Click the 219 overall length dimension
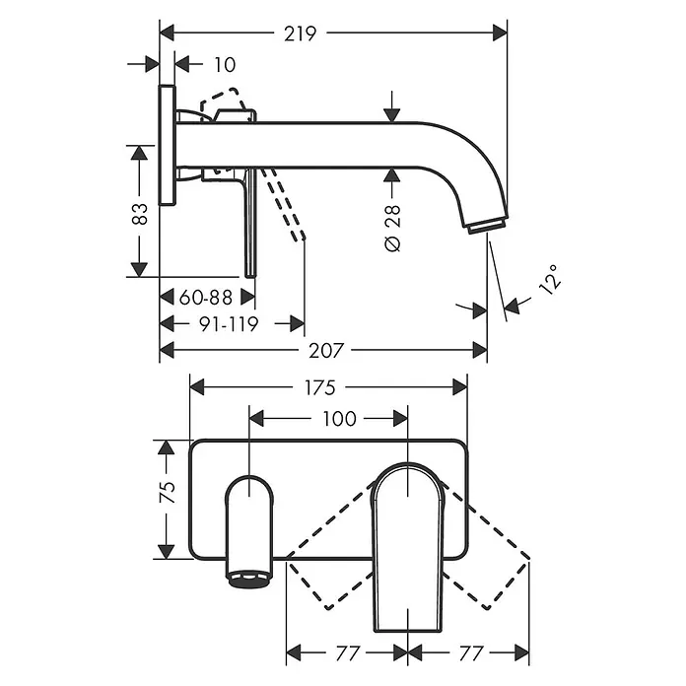point(300,34)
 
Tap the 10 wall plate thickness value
point(225,65)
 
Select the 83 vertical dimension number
point(140,214)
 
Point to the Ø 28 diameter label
point(393,228)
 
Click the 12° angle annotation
point(550,279)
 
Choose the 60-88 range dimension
point(206,298)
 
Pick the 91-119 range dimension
point(229,324)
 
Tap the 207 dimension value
point(326,351)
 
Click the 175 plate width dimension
point(319,388)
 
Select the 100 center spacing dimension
point(339,419)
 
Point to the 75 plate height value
point(168,492)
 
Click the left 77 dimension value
point(347,653)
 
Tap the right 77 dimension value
point(471,653)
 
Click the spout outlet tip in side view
point(487,226)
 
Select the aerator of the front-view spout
point(248,579)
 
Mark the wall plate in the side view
point(168,146)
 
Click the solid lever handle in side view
point(249,223)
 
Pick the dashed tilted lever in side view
point(284,204)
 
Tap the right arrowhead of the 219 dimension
point(500,33)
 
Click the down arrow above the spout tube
point(392,107)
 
